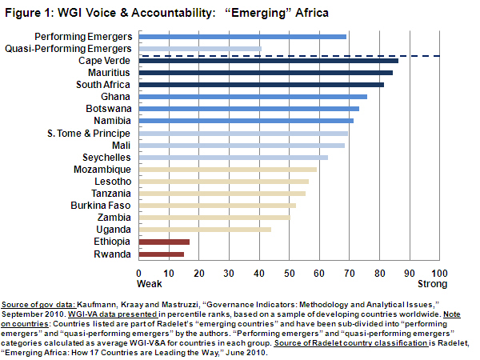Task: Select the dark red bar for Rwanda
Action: tap(161, 254)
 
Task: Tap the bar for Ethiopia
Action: tap(164, 242)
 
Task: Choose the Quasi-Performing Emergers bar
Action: tap(200, 49)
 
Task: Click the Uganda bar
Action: tap(205, 230)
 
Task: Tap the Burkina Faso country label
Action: tap(103, 206)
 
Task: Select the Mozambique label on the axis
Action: tap(102, 170)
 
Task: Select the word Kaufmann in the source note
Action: tap(102, 306)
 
